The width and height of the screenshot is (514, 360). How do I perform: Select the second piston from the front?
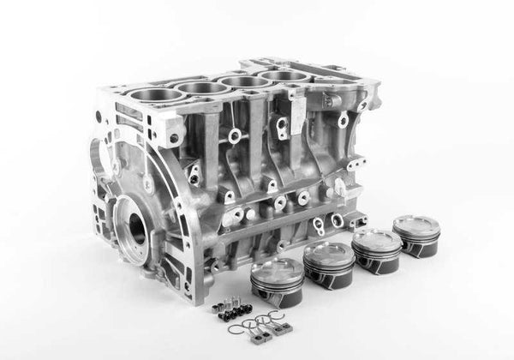click(329, 260)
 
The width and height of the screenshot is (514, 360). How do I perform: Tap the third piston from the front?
click(377, 247)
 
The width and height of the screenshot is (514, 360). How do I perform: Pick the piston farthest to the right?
click(416, 235)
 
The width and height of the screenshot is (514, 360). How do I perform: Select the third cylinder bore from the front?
click(247, 81)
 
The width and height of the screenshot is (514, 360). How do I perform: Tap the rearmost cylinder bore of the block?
click(285, 76)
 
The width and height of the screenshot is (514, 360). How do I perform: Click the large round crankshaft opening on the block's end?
click(136, 228)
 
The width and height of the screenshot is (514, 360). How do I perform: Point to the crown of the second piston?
click(328, 249)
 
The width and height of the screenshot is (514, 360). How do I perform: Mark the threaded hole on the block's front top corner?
click(174, 136)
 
